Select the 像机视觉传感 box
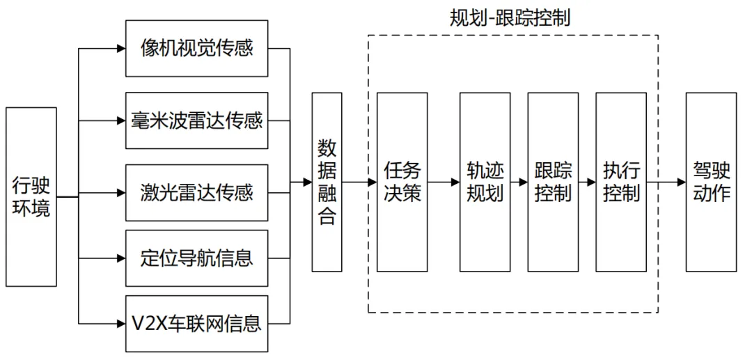[x=196, y=49]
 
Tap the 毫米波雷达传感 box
[x=196, y=120]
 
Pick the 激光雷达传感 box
[x=196, y=192]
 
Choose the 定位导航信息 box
[x=196, y=258]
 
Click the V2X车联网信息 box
[x=196, y=323]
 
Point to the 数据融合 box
[x=327, y=182]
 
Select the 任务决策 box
[x=402, y=182]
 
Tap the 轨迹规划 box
[x=485, y=182]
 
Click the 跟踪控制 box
[x=553, y=182]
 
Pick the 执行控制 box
[x=621, y=182]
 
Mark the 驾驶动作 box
[x=711, y=182]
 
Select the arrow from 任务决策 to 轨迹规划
[x=444, y=182]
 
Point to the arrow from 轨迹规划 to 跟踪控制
[x=519, y=182]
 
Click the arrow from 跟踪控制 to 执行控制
[x=587, y=182]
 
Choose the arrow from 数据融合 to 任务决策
[x=359, y=182]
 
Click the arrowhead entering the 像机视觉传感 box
[x=120, y=49]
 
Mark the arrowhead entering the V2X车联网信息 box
[x=120, y=323]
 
